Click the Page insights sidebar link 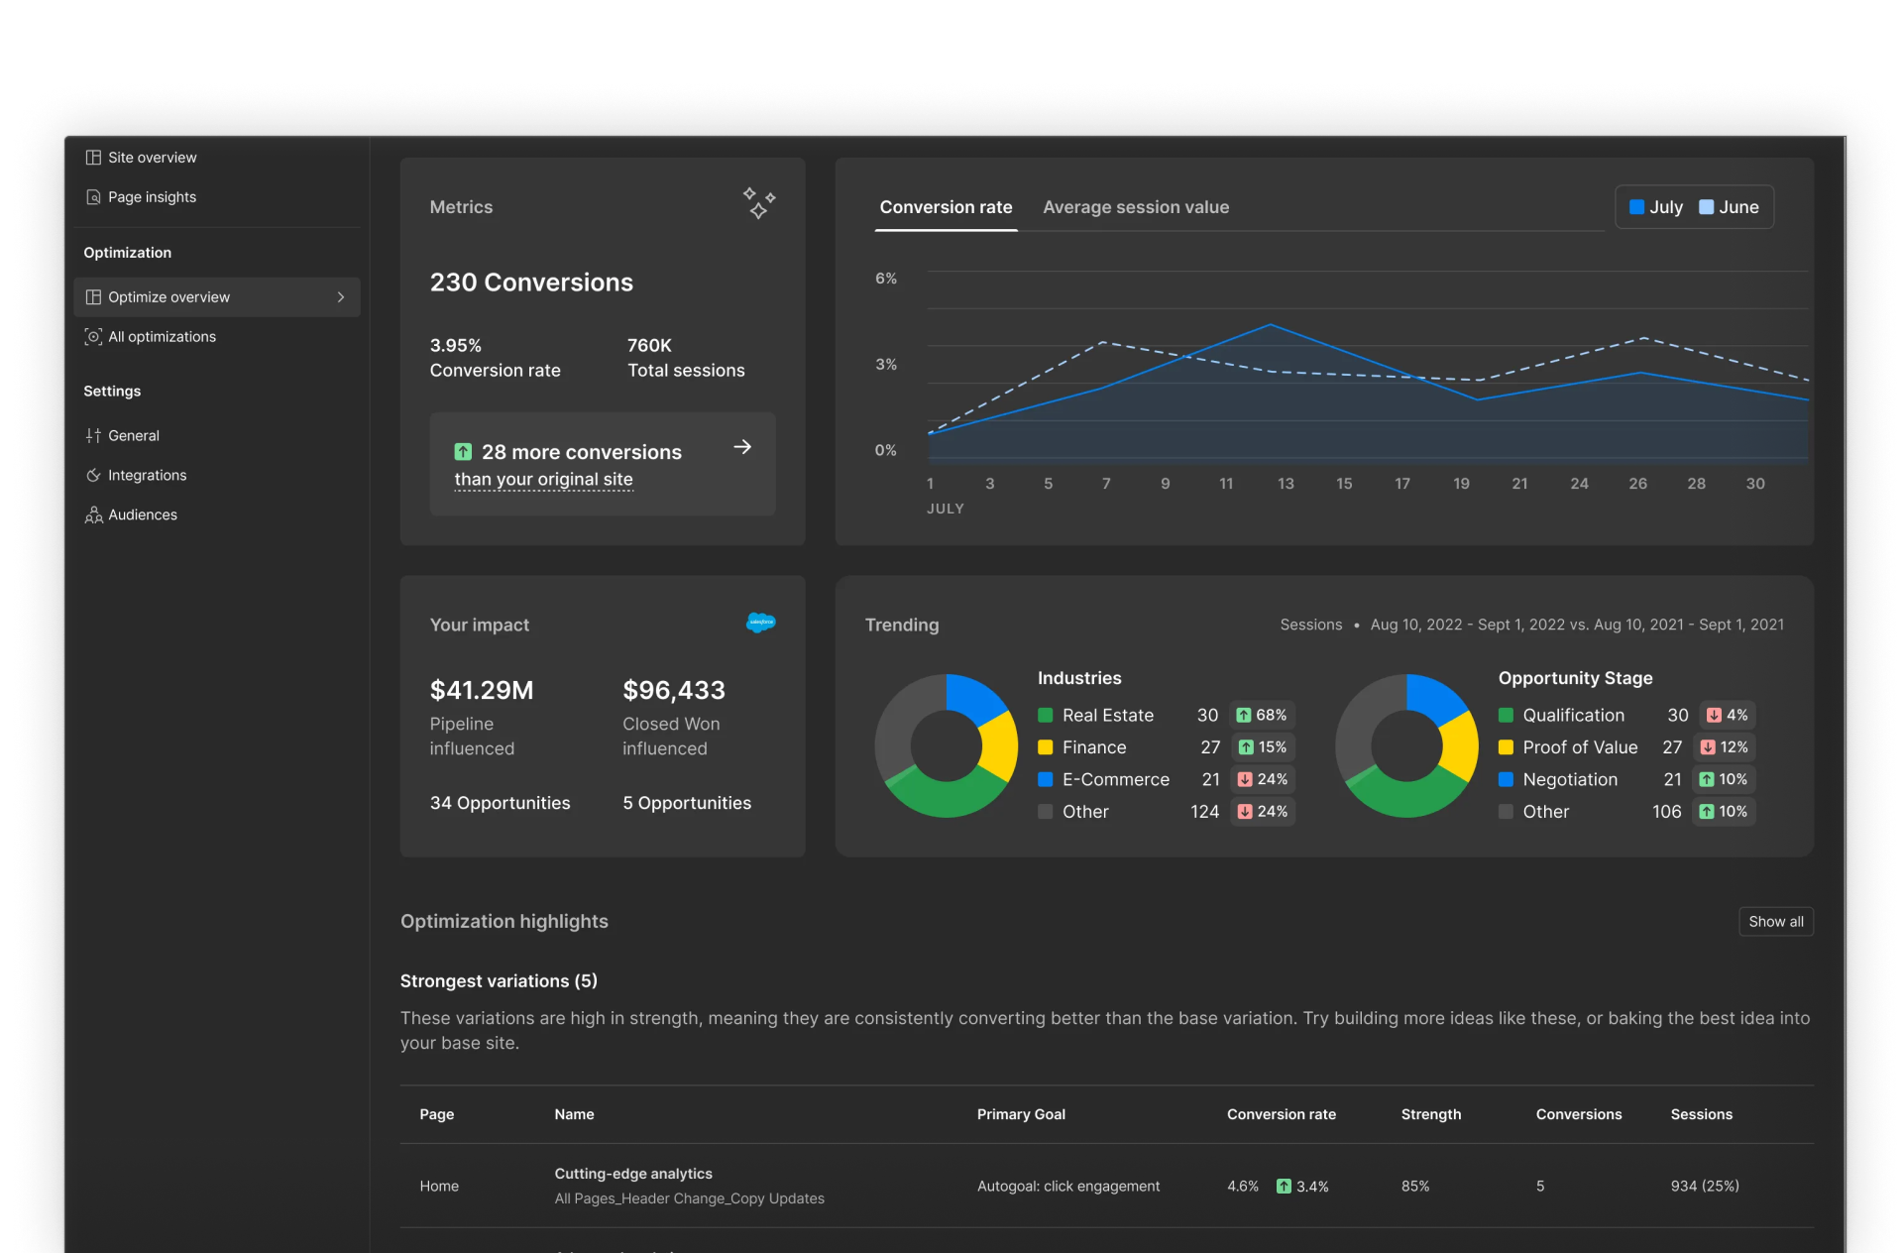pyautogui.click(x=152, y=197)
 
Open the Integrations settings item pyautogui.click(x=147, y=475)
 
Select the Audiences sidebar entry pyautogui.click(x=142, y=514)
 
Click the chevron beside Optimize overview pyautogui.click(x=341, y=297)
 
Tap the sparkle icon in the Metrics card pyautogui.click(x=759, y=203)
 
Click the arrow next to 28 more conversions pyautogui.click(x=742, y=448)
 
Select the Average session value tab pyautogui.click(x=1135, y=207)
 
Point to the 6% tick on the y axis pyautogui.click(x=885, y=279)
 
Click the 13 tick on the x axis pyautogui.click(x=1286, y=484)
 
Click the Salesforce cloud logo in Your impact pyautogui.click(x=760, y=623)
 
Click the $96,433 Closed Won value pyautogui.click(x=674, y=690)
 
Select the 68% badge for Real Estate pyautogui.click(x=1262, y=715)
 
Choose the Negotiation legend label pyautogui.click(x=1570, y=779)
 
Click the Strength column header pyautogui.click(x=1430, y=1114)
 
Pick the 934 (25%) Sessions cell pyautogui.click(x=1704, y=1186)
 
